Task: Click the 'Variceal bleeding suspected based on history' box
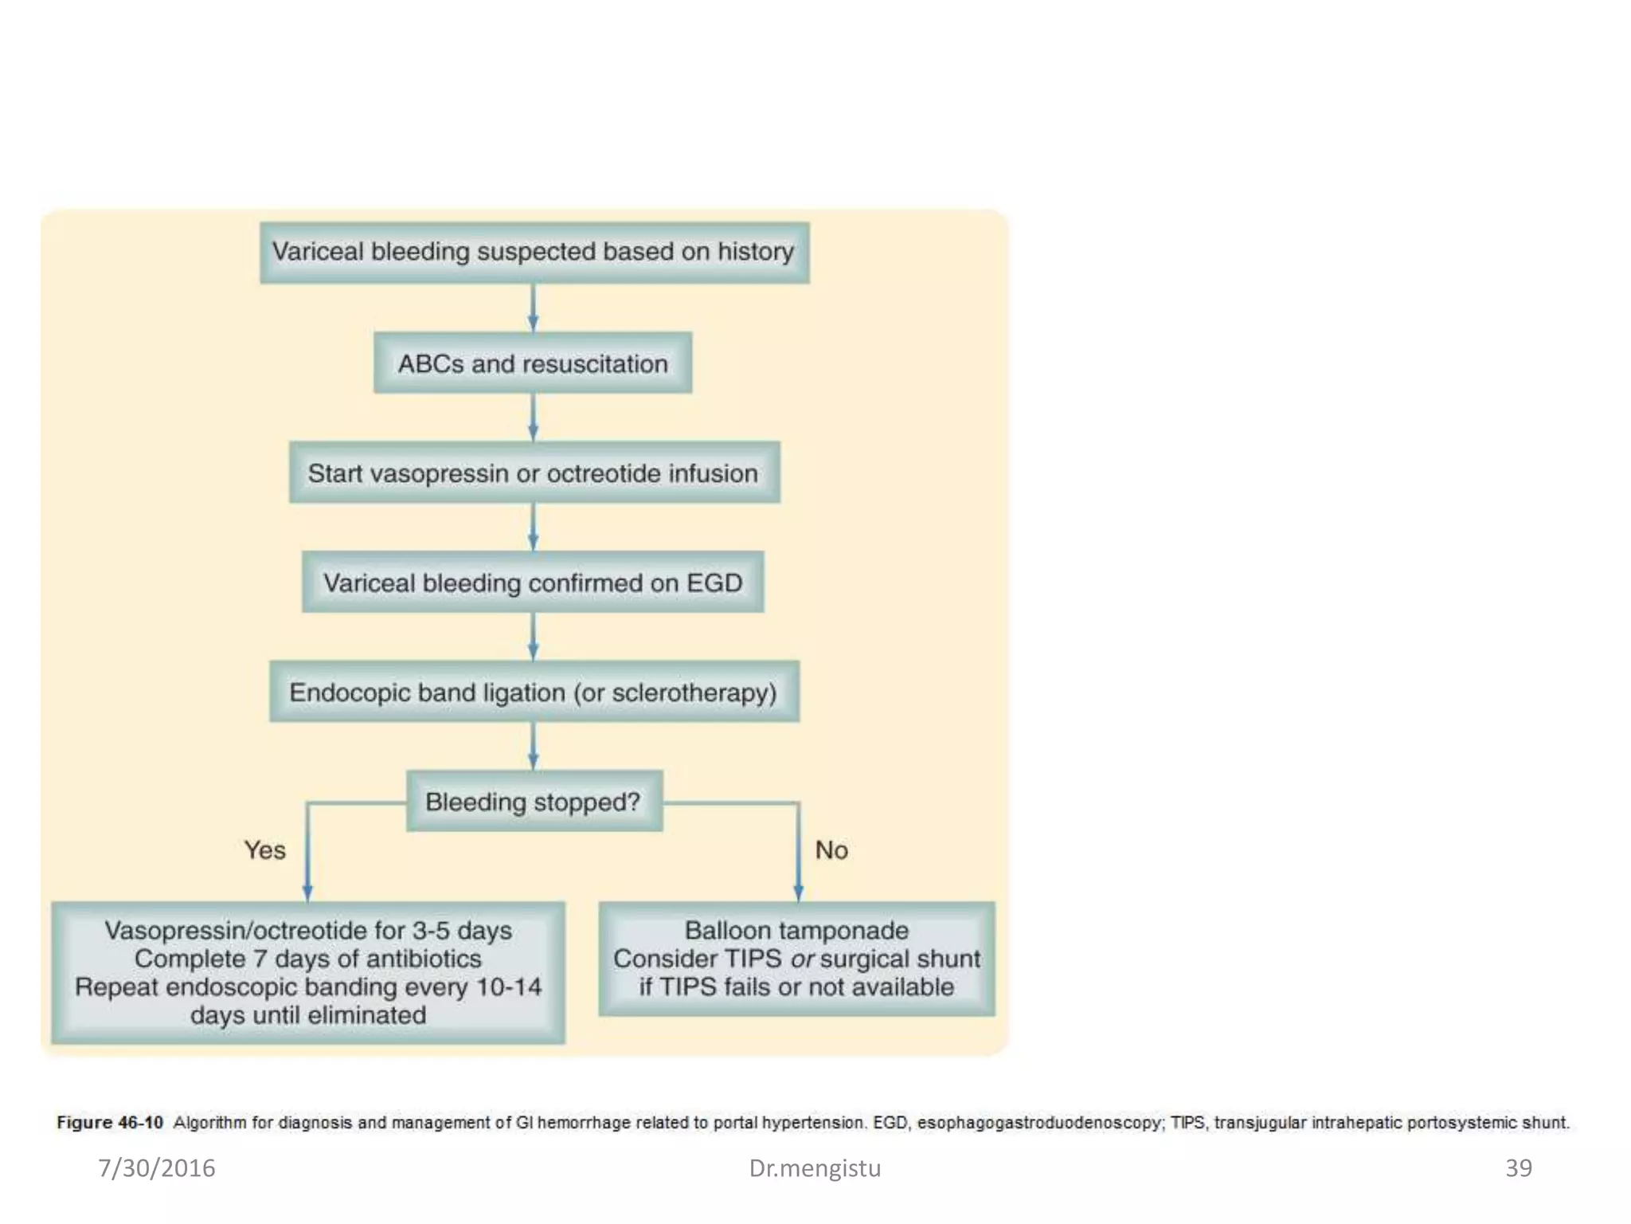pyautogui.click(x=534, y=253)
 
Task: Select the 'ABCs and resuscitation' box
pyautogui.click(x=533, y=364)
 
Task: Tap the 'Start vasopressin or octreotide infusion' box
pyautogui.click(x=534, y=473)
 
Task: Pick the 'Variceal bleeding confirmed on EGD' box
pyautogui.click(x=533, y=583)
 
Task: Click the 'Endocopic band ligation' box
pyautogui.click(x=534, y=692)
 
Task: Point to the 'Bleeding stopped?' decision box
pyautogui.click(x=534, y=802)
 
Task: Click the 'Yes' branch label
pyautogui.click(x=264, y=850)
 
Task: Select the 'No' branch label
pyautogui.click(x=831, y=850)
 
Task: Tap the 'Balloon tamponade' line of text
pyautogui.click(x=796, y=930)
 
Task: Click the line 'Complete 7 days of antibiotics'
pyautogui.click(x=307, y=959)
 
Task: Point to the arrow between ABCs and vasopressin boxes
pyautogui.click(x=534, y=417)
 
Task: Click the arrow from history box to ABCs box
pyautogui.click(x=534, y=308)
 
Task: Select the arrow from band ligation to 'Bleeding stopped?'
pyautogui.click(x=534, y=746)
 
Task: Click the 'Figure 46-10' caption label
pyautogui.click(x=110, y=1123)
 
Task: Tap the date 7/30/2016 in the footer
pyautogui.click(x=157, y=1168)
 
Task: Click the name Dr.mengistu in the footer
pyautogui.click(x=815, y=1168)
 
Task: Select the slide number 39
pyautogui.click(x=1518, y=1168)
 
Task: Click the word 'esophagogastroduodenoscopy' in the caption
pyautogui.click(x=1040, y=1123)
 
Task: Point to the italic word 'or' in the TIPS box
pyautogui.click(x=802, y=959)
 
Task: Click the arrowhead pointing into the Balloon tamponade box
pyautogui.click(x=798, y=892)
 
